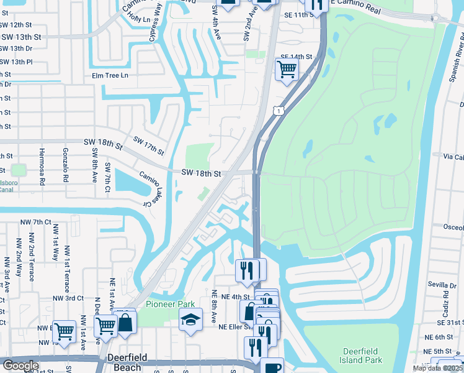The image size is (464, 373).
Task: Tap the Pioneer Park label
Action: [171, 304]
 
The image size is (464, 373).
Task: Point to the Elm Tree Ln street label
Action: [109, 75]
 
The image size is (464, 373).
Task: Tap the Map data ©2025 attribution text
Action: [437, 369]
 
